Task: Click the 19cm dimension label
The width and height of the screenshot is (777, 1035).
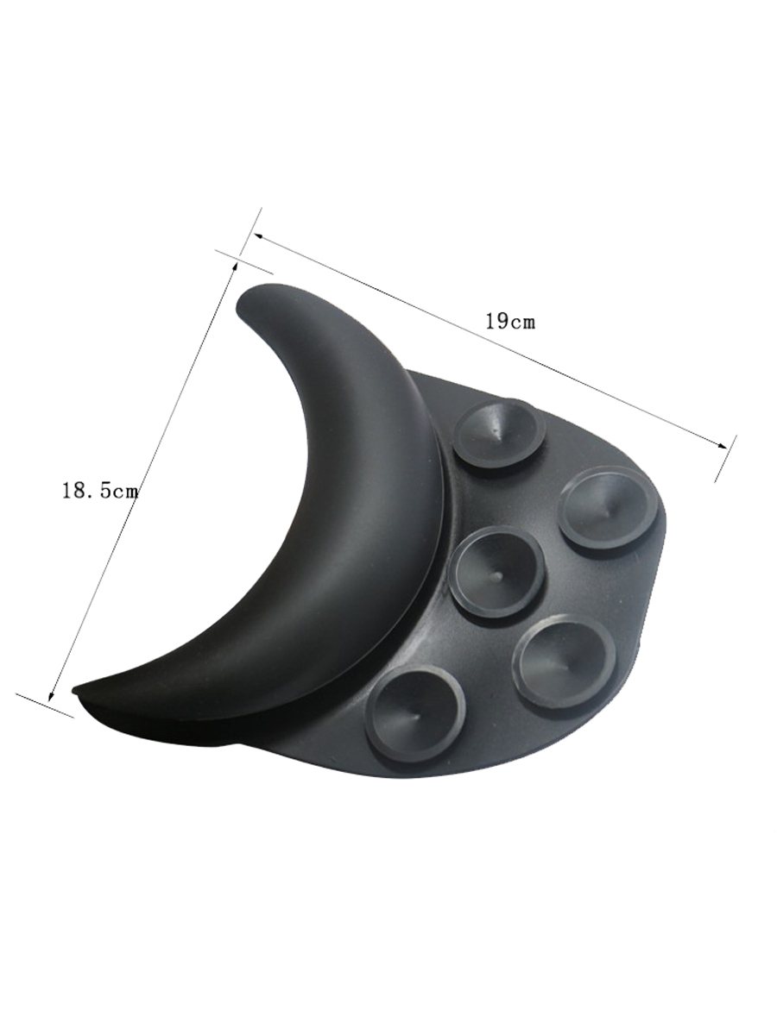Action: coord(510,322)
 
